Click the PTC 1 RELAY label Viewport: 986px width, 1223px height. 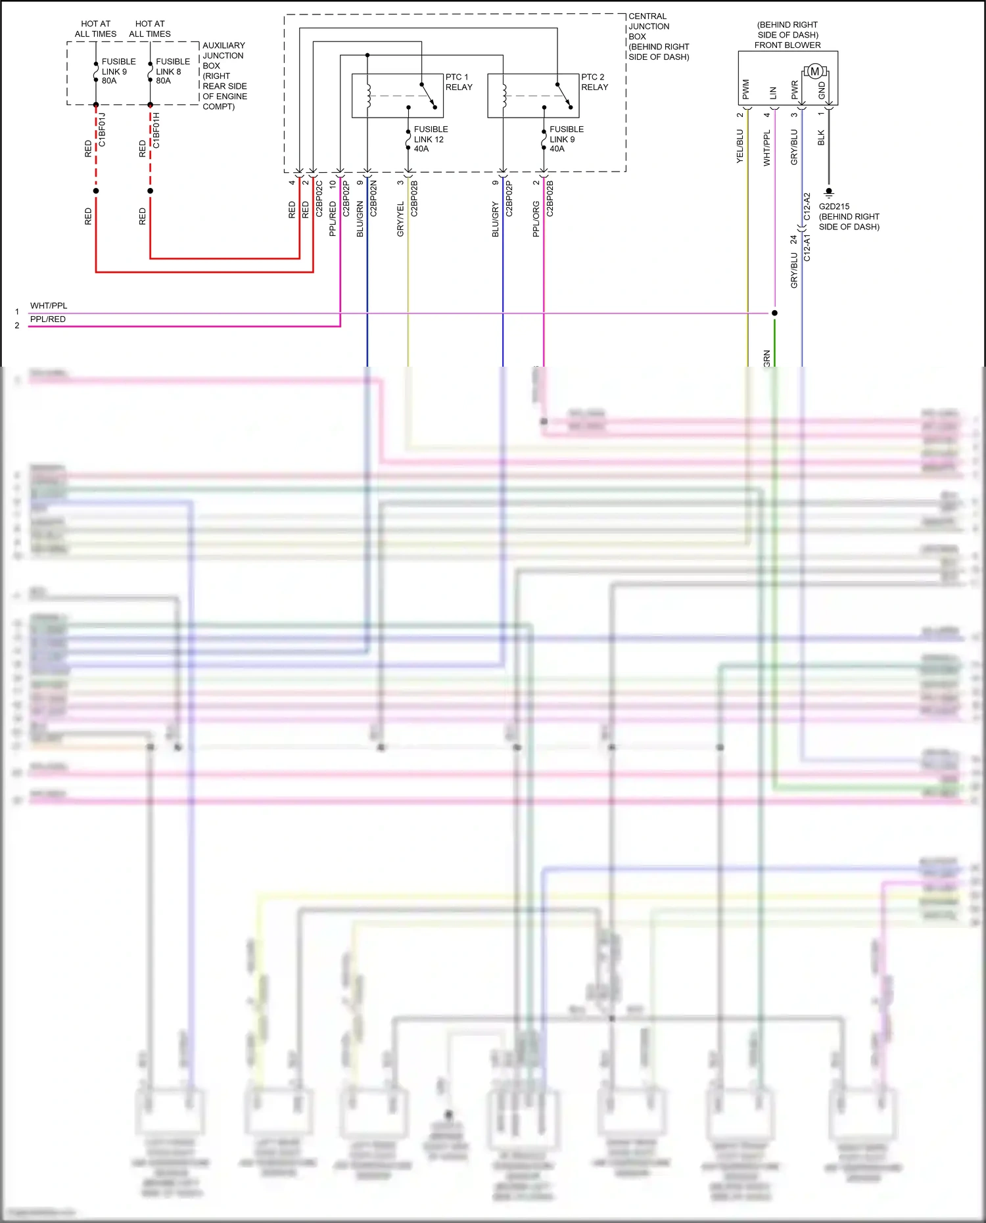point(458,82)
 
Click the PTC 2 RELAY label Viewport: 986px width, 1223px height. point(594,82)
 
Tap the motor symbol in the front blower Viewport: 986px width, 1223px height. point(814,71)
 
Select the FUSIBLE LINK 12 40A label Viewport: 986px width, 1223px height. point(431,139)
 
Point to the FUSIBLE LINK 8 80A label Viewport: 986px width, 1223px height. point(172,71)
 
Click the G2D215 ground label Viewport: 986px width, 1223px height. point(848,216)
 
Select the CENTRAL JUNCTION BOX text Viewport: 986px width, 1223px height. point(658,36)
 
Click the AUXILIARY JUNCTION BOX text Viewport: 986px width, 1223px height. point(224,76)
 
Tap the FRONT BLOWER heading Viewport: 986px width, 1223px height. point(787,45)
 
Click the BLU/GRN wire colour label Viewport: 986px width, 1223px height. point(360,219)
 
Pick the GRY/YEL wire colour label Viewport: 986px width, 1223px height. point(400,219)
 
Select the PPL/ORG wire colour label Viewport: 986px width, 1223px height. point(536,219)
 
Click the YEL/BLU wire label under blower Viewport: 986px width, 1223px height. point(739,146)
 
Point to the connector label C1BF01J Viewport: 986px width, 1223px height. point(102,129)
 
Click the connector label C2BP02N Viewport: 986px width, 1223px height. point(373,198)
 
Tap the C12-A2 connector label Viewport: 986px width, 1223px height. point(807,206)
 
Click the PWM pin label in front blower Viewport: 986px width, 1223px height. point(745,89)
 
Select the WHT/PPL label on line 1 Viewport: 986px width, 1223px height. point(49,306)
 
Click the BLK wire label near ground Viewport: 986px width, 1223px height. point(821,137)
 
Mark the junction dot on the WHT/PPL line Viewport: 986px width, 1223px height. point(774,313)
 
